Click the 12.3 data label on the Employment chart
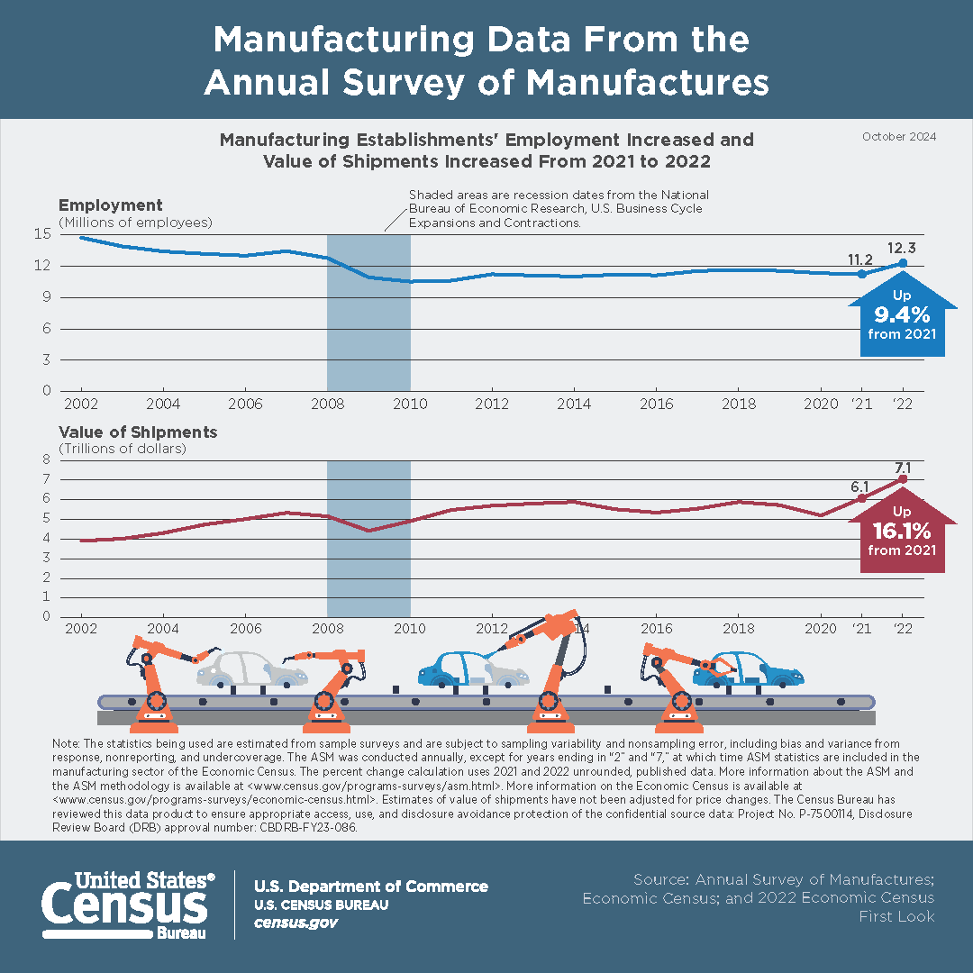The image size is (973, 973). [903, 247]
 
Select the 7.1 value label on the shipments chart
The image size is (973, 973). [903, 467]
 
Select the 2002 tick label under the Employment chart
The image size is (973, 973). [80, 403]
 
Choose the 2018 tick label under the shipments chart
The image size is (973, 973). [739, 628]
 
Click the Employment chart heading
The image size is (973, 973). [111, 205]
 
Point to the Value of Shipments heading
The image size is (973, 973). [138, 432]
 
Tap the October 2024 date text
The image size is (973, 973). [898, 137]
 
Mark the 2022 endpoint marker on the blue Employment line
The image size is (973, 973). [903, 263]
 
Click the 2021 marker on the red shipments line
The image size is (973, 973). [862, 498]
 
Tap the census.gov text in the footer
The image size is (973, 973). [296, 923]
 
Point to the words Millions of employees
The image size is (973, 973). [135, 222]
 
